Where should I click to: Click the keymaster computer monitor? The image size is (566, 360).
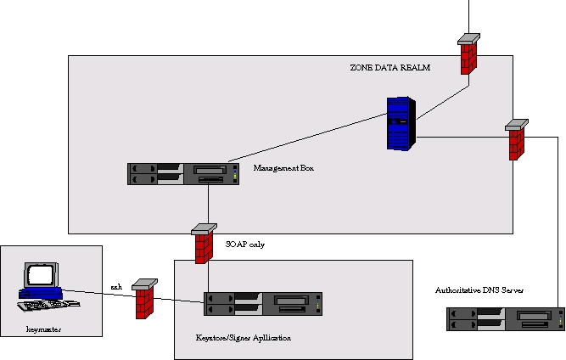(41, 277)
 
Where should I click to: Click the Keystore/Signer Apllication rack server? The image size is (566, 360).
(263, 304)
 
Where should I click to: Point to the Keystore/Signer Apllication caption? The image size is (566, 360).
(244, 338)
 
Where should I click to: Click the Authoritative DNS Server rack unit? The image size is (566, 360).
(506, 319)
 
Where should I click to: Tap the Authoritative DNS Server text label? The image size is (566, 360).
(479, 290)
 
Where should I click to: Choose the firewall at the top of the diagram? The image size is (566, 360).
(468, 53)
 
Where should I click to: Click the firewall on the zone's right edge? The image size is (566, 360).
(516, 139)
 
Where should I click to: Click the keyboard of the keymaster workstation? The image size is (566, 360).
(53, 304)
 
